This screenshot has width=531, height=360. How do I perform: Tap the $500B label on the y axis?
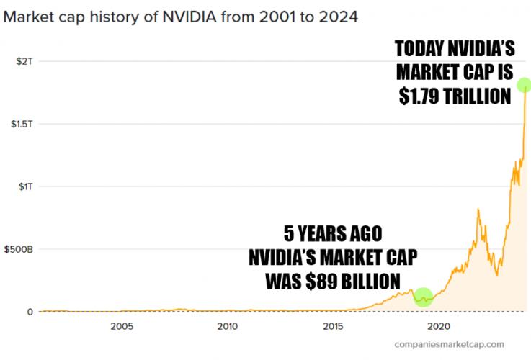tap(18, 249)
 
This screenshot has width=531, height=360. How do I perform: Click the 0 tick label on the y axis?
tap(30, 312)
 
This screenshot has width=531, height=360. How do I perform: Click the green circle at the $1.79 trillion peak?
tap(524, 85)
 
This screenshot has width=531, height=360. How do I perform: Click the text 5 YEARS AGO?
tap(332, 234)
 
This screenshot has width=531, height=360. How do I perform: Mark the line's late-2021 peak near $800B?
tap(478, 209)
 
